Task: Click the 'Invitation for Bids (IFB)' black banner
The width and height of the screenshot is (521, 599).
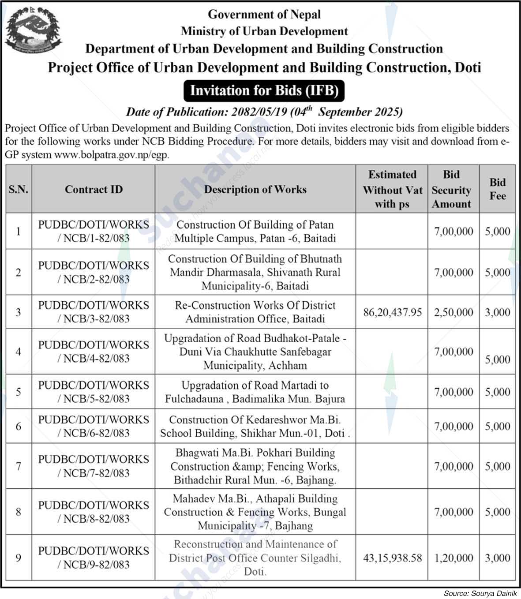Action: click(264, 90)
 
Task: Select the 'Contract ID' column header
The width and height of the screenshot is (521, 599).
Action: click(94, 189)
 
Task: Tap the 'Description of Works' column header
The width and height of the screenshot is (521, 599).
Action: click(255, 189)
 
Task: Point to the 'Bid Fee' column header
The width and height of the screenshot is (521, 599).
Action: click(497, 189)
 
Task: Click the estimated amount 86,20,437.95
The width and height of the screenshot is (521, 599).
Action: click(392, 312)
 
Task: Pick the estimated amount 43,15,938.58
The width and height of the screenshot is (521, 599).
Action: click(392, 558)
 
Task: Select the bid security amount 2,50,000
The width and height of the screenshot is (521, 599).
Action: click(453, 312)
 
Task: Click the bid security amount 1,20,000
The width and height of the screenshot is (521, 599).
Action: click(453, 558)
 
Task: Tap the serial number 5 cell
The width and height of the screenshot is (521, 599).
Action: click(19, 392)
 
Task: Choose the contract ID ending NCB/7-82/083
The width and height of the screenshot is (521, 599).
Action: click(94, 466)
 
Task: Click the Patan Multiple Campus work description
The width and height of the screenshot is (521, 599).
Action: click(255, 232)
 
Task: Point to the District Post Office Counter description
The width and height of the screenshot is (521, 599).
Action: click(255, 558)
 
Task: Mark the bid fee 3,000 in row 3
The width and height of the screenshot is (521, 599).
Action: click(497, 312)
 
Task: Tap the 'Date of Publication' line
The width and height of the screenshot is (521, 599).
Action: click(264, 112)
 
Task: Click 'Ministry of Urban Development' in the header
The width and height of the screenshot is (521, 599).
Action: click(264, 31)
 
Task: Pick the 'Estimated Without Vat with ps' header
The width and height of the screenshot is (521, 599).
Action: click(392, 189)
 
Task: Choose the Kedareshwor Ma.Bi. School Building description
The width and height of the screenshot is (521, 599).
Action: click(255, 426)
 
